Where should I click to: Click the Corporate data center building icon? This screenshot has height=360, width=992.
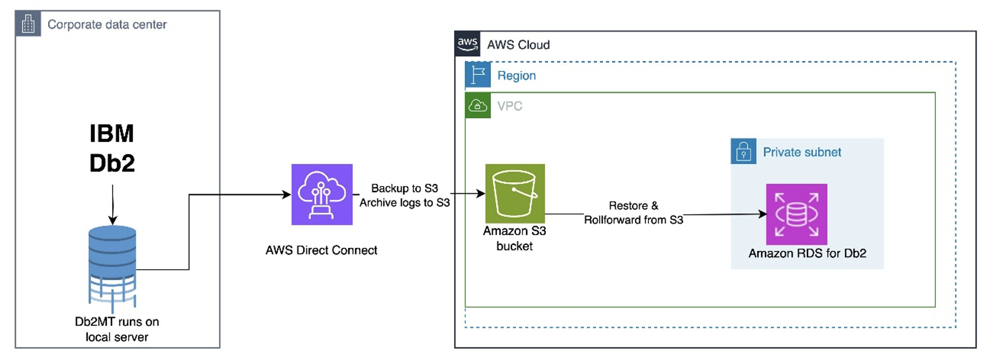point(28,24)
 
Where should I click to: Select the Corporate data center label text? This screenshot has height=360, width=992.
point(107,24)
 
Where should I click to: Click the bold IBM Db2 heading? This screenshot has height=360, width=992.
point(112,148)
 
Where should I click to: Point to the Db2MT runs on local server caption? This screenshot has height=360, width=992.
point(117,329)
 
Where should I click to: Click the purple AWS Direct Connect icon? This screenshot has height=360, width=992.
point(322,194)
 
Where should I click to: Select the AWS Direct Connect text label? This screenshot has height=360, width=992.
point(321,250)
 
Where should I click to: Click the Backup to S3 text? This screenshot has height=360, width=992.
point(404,188)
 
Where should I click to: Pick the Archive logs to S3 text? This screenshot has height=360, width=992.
point(404,202)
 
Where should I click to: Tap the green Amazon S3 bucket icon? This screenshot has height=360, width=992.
point(515,194)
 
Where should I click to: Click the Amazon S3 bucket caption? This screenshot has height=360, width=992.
point(514,238)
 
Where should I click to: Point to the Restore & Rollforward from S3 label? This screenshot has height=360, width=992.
point(634,213)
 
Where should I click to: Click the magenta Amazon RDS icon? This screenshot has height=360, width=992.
point(797,214)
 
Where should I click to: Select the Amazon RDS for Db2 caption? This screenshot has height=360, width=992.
point(807,253)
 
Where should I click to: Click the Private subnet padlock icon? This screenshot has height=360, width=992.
point(744,152)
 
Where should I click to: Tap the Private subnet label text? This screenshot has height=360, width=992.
point(802,152)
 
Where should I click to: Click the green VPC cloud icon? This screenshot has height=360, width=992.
point(478,106)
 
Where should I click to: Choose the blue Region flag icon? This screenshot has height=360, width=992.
point(478,75)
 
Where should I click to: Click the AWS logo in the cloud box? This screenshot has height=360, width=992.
point(467,44)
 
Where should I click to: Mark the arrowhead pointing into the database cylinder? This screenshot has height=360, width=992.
point(112,220)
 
